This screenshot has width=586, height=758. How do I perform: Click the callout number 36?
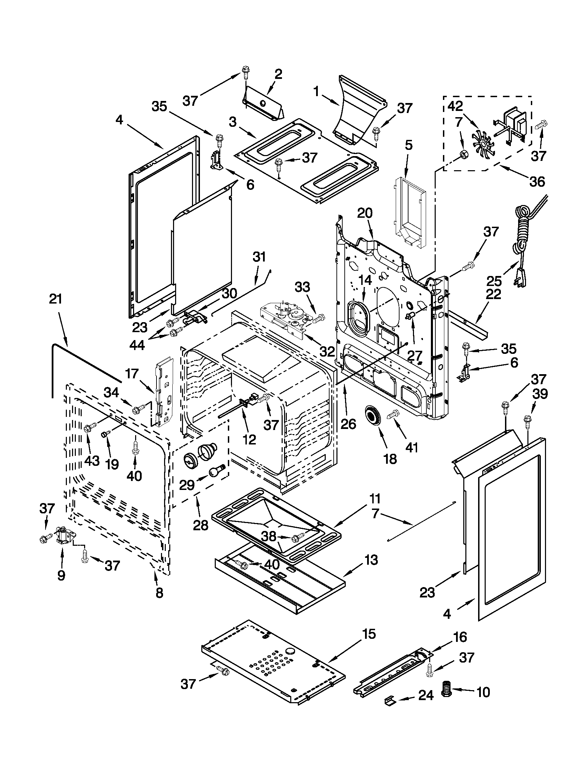point(537,182)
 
